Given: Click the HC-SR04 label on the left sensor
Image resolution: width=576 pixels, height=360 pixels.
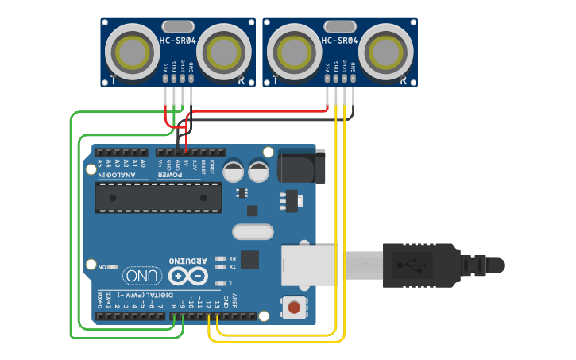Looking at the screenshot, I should [x=178, y=41].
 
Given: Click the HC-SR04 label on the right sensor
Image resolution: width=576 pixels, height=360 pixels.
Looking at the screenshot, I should [x=340, y=41].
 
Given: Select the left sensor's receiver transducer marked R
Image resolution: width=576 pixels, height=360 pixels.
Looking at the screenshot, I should [x=224, y=52].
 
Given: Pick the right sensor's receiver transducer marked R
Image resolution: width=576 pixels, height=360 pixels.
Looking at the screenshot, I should [x=386, y=52].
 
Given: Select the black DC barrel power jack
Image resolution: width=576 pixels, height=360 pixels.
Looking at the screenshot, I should [x=298, y=166].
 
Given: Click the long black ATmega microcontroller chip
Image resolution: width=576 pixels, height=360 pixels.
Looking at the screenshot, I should [x=158, y=197].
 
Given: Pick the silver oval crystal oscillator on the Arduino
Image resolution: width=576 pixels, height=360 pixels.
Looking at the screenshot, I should [x=253, y=232].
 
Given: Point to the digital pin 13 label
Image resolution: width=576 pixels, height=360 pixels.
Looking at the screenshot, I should [x=216, y=304].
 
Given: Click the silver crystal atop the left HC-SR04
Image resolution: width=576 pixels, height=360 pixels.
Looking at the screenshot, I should [x=177, y=26].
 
